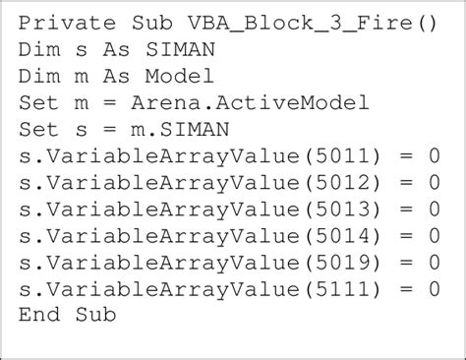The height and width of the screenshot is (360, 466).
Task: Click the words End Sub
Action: pyautogui.click(x=67, y=314)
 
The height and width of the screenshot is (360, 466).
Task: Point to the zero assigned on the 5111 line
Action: pyautogui.click(x=434, y=287)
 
